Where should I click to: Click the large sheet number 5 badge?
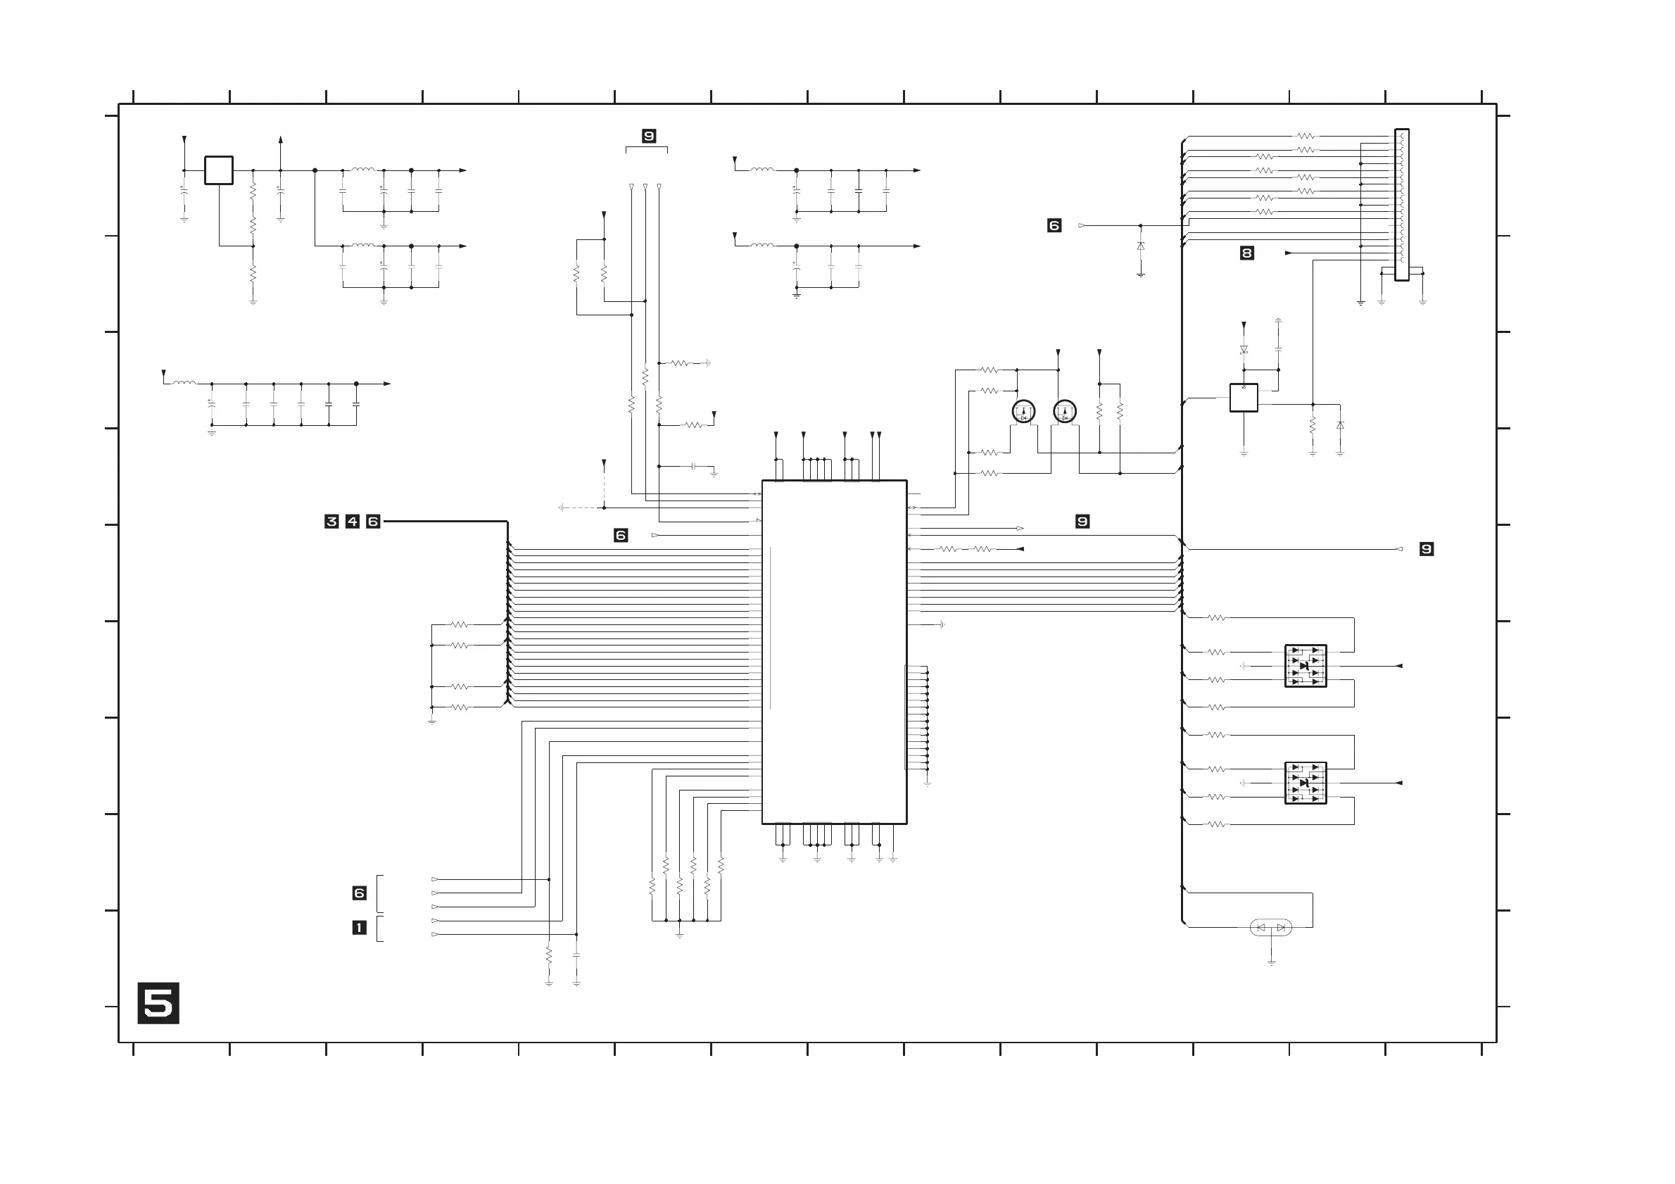point(158,1003)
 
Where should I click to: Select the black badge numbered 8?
point(1247,253)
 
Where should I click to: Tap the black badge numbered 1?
point(359,928)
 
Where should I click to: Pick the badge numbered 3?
point(331,521)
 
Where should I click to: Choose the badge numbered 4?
point(353,521)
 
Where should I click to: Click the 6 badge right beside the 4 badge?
point(373,521)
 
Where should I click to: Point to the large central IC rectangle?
point(834,651)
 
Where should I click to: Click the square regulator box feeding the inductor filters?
point(218,170)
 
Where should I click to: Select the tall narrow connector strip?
point(1401,204)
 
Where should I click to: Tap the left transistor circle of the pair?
point(1023,412)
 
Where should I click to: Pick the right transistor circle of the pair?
point(1065,412)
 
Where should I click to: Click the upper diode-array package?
point(1305,665)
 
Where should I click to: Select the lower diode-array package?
point(1305,783)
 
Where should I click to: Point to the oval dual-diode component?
point(1271,927)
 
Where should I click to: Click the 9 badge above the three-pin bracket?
point(649,136)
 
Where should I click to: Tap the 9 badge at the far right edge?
point(1427,548)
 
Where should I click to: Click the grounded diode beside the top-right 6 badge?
point(1140,246)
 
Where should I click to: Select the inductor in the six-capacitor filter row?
point(184,382)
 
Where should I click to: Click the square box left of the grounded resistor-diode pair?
point(1243,398)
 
